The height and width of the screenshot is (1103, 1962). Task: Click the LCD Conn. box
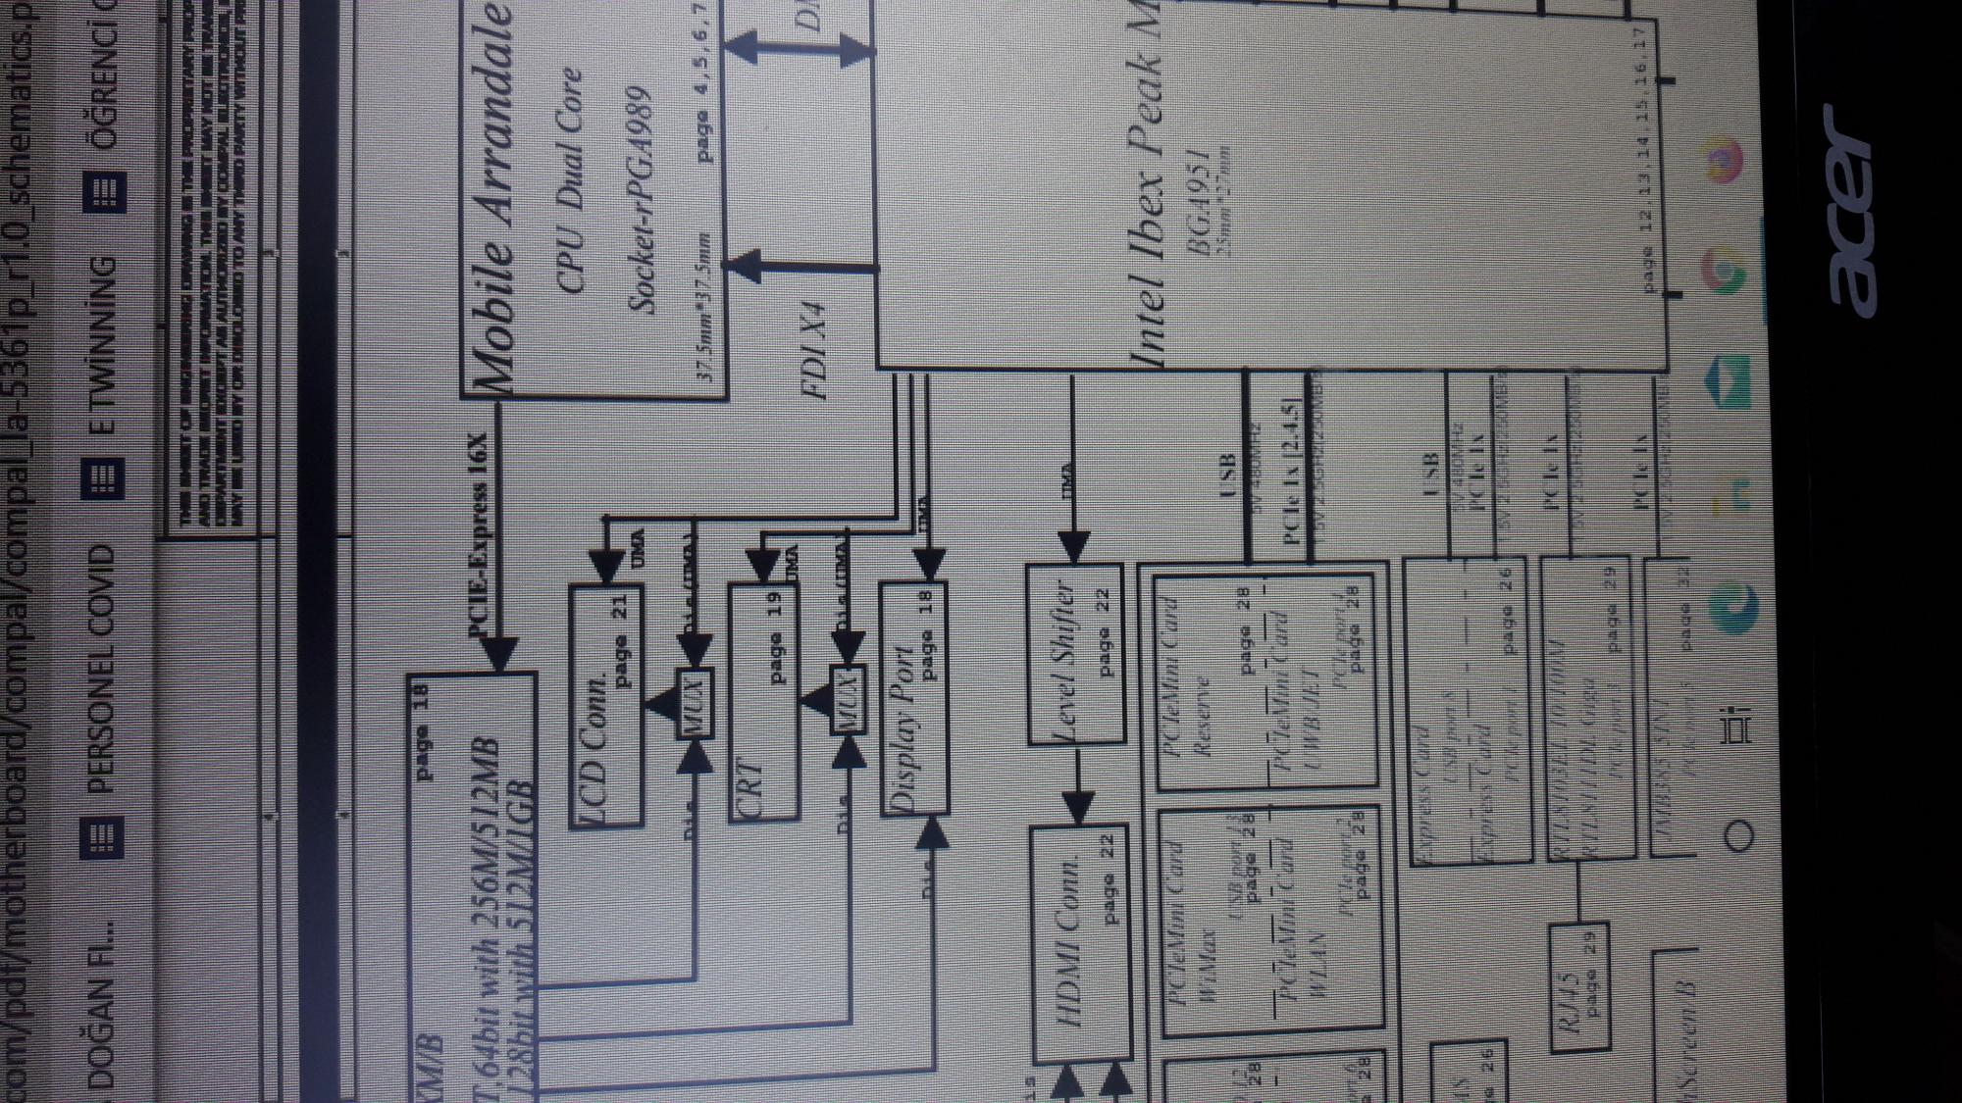(x=606, y=706)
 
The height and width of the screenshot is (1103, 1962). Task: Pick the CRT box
(x=763, y=702)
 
